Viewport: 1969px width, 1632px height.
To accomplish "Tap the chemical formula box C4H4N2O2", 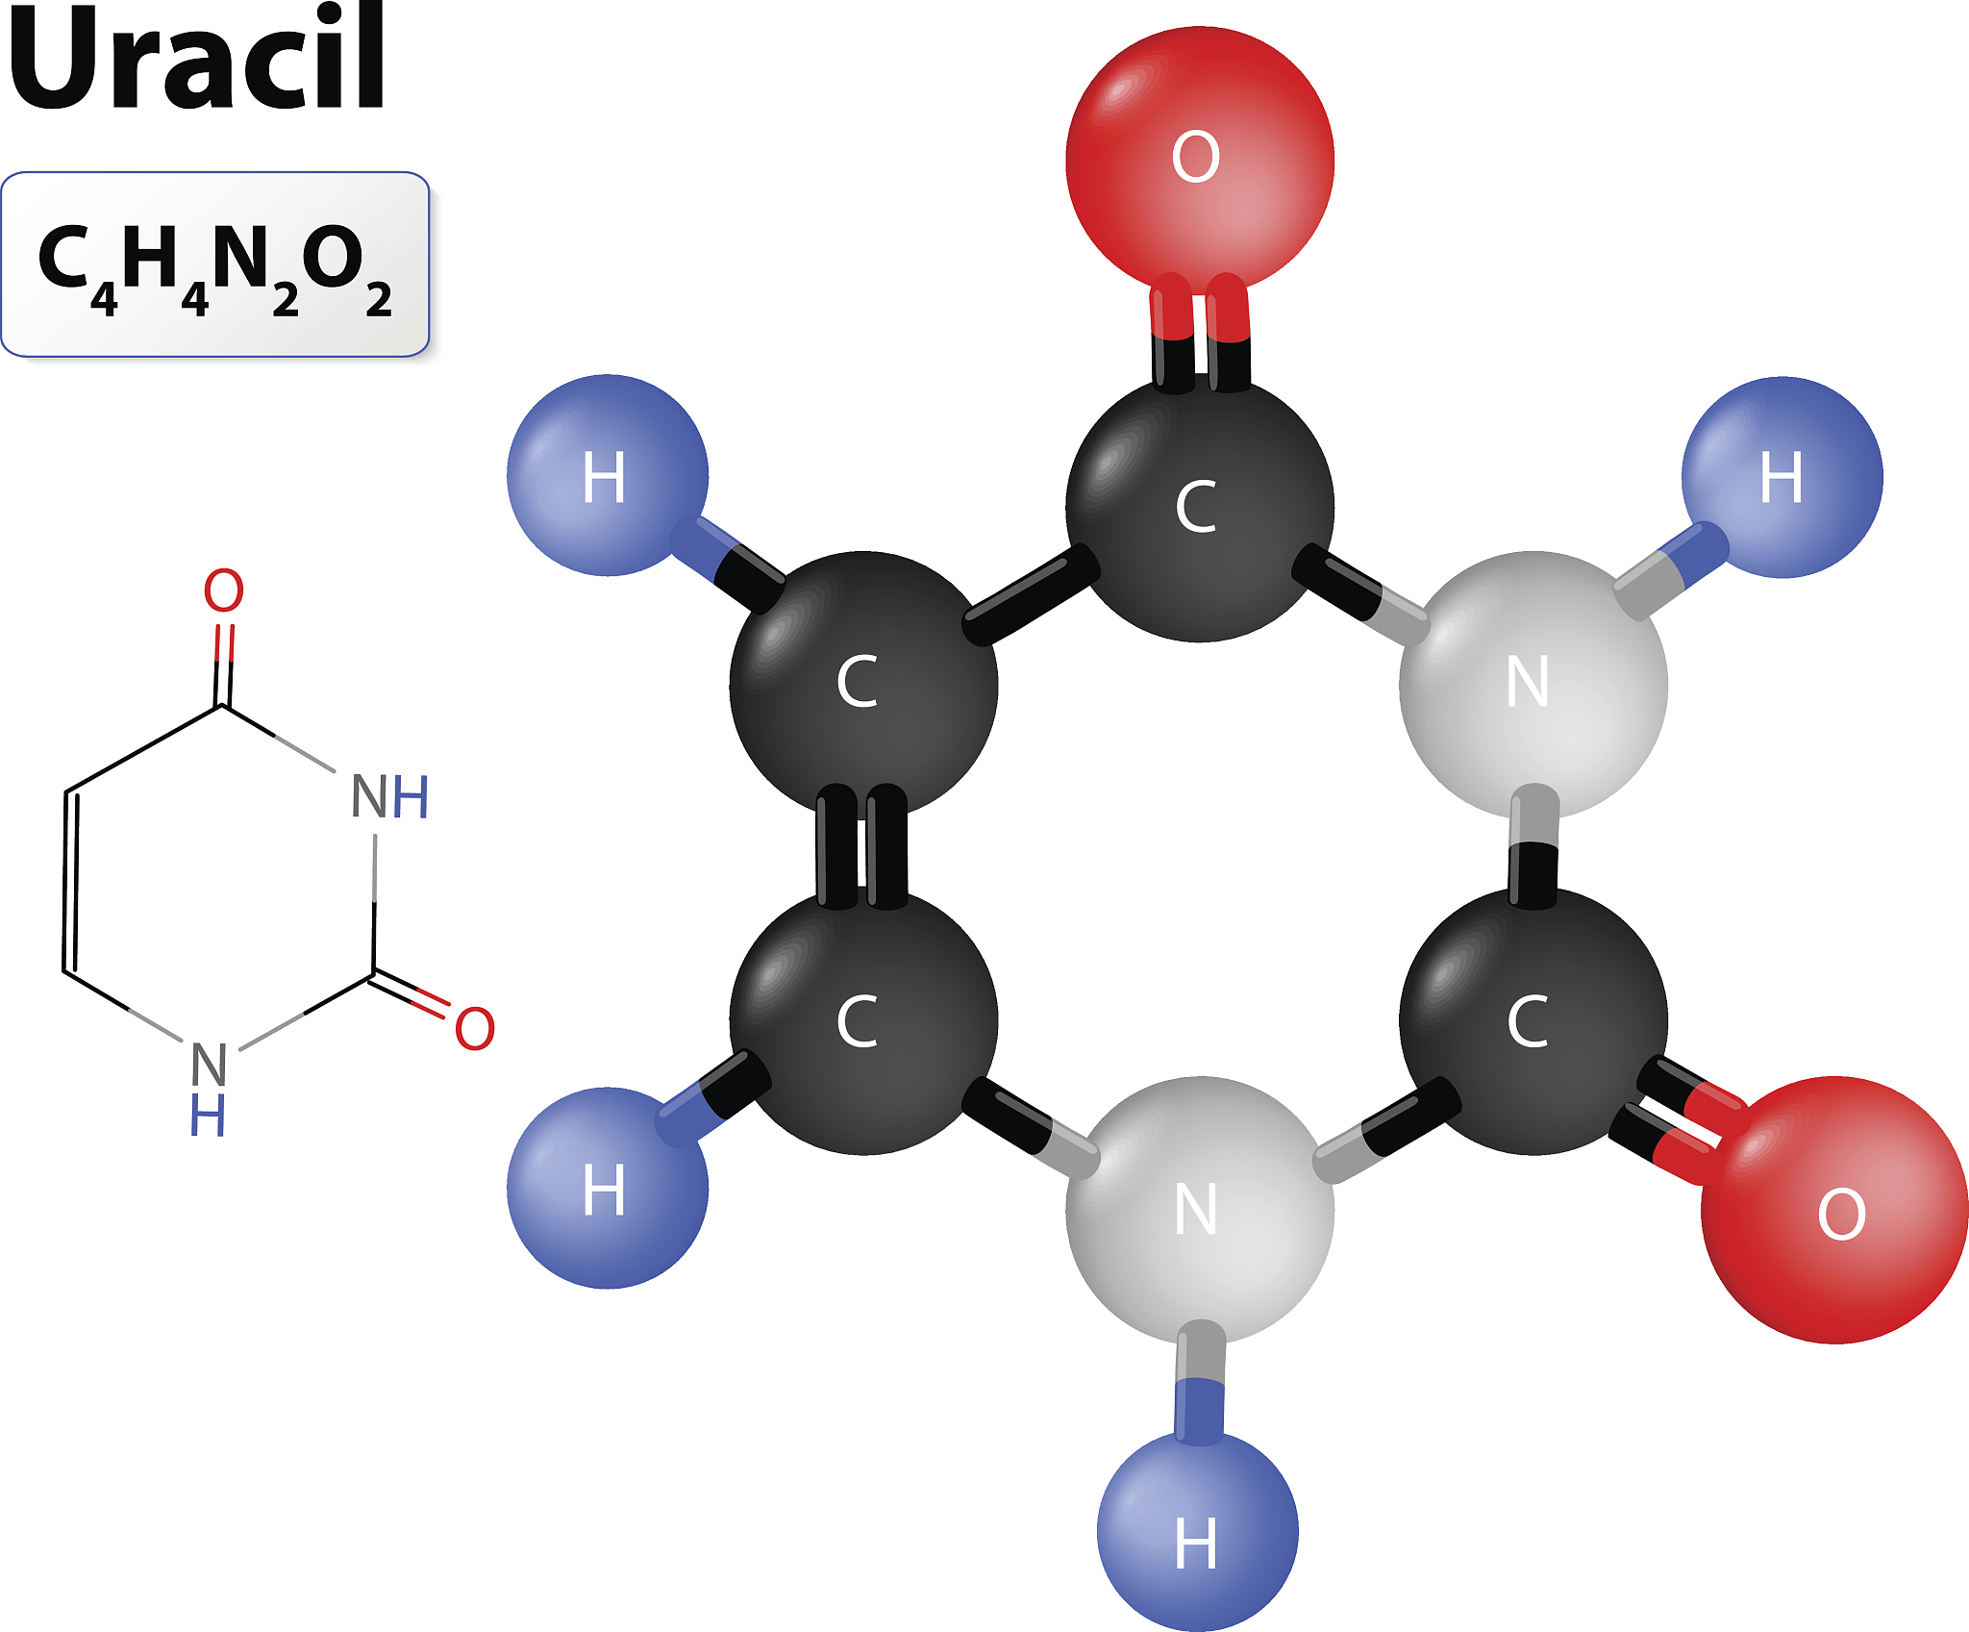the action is (215, 264).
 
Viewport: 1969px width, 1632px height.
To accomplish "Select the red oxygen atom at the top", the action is (1200, 160).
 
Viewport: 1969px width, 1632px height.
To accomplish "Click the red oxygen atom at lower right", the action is (1834, 1210).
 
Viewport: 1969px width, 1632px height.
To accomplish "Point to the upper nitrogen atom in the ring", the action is (1533, 685).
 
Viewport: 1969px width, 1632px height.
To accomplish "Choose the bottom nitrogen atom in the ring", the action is (1200, 1210).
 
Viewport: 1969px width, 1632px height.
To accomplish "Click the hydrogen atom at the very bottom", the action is (1198, 1531).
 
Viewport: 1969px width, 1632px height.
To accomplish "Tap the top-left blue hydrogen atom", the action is (608, 475).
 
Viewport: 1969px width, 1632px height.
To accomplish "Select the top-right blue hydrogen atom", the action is (1782, 477).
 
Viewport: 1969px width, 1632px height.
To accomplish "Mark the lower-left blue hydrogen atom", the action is (608, 1188).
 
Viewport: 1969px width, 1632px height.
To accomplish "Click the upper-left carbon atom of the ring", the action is (863, 685).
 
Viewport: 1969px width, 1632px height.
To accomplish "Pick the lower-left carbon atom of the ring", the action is (863, 1021).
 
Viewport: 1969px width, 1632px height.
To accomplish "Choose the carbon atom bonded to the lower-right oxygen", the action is (1533, 1021).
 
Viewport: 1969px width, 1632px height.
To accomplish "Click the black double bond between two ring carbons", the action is (861, 846).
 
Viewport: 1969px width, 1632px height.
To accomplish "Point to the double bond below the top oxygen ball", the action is (1201, 332).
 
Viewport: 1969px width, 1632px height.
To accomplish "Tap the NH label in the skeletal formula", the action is (389, 796).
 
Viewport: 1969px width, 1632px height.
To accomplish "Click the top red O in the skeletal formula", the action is (224, 590).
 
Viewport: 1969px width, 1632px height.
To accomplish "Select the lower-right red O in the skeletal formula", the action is (475, 1028).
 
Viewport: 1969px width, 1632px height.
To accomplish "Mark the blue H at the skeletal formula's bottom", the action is (208, 1115).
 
